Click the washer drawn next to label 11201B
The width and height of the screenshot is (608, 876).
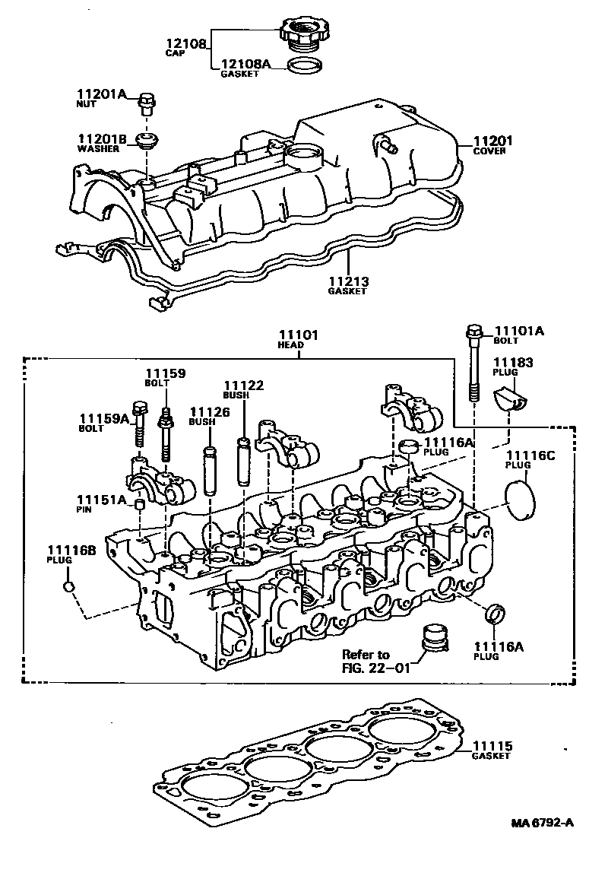[146, 141]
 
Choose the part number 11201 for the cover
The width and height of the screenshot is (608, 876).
[493, 141]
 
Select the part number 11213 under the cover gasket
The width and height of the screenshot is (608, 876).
[347, 281]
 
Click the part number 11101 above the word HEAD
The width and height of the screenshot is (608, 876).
[298, 335]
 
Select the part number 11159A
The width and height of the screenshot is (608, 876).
[104, 417]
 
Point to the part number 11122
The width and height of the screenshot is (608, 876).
[243, 386]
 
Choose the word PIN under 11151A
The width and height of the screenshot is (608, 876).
[84, 509]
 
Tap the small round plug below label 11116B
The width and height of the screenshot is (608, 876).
[68, 586]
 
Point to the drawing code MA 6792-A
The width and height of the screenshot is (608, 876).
[542, 823]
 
